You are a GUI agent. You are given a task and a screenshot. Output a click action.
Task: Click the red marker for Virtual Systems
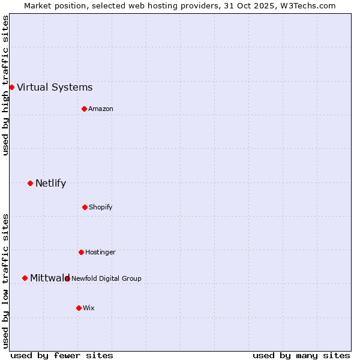[11, 87]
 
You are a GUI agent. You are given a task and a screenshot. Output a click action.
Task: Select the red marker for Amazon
[84, 109]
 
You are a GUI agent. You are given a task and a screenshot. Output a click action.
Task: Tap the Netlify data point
[30, 183]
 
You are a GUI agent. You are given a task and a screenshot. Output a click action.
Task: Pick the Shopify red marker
[85, 207]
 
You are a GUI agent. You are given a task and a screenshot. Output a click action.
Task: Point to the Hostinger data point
[81, 252]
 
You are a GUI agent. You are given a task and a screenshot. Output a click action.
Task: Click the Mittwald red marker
[25, 278]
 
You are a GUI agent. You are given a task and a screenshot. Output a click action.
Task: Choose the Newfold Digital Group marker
[67, 278]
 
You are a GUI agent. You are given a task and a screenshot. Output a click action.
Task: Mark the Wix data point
[79, 308]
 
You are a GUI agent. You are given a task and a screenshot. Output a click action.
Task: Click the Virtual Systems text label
[55, 87]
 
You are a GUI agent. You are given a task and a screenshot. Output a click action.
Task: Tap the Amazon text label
[101, 109]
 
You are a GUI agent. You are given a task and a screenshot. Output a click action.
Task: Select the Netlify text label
[50, 183]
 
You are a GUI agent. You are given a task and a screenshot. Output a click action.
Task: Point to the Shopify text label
[101, 207]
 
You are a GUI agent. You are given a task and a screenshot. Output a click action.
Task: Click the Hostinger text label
[100, 252]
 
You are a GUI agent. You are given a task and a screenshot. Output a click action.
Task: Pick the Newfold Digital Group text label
[106, 278]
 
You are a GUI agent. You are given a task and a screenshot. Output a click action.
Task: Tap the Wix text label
[89, 308]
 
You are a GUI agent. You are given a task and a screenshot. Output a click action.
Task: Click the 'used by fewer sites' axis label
[62, 355]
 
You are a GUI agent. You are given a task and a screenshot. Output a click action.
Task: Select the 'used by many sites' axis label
[301, 355]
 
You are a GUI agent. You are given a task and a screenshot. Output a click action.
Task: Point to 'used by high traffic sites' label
[5, 85]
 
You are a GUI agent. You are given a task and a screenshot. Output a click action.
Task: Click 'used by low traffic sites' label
[5, 281]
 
